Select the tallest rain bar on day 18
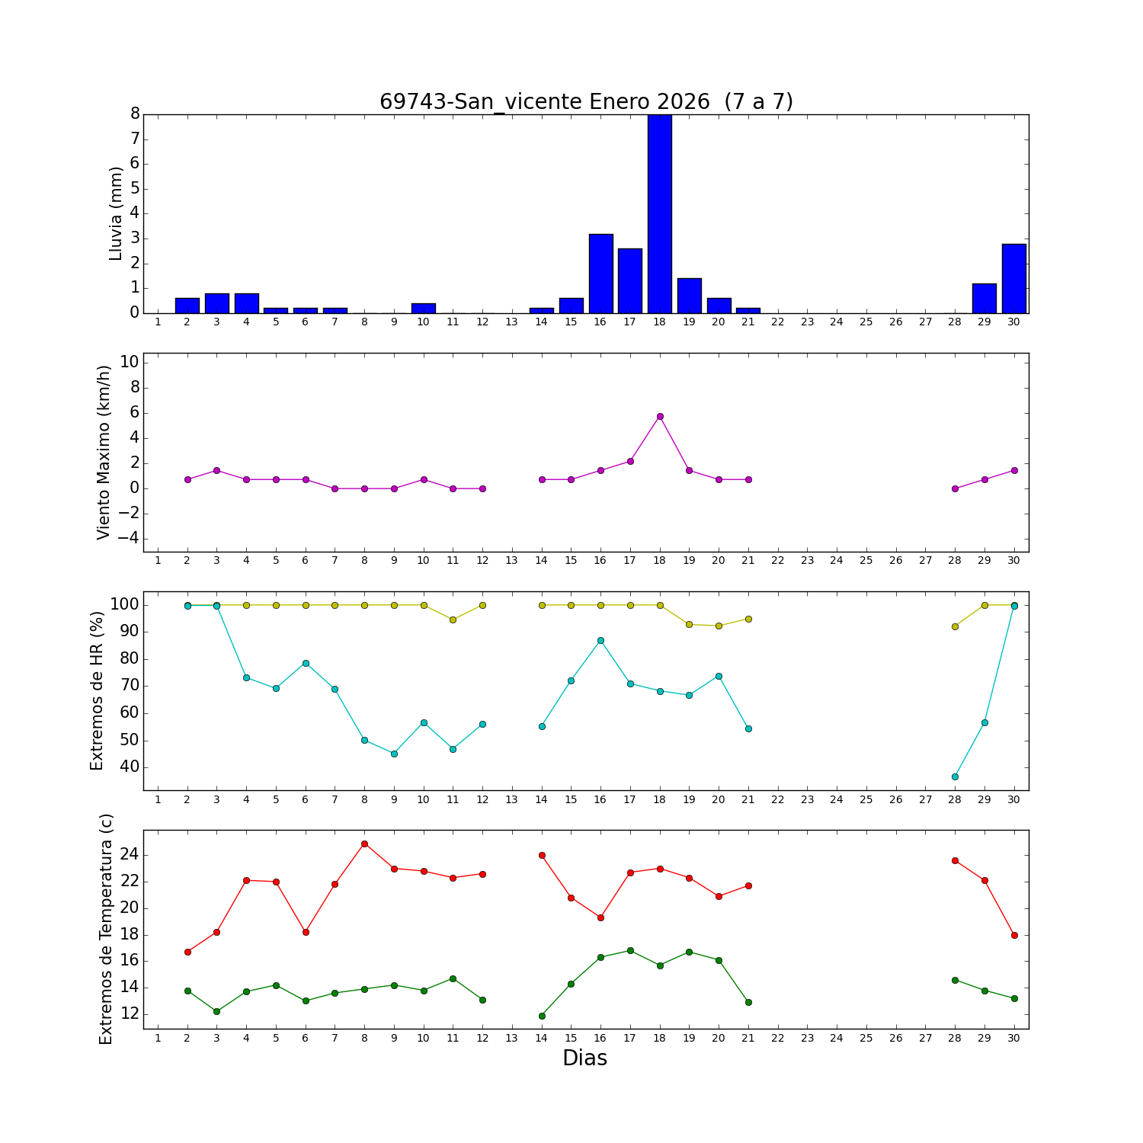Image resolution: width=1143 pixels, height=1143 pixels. (x=660, y=213)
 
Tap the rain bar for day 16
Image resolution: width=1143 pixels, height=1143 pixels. (x=600, y=274)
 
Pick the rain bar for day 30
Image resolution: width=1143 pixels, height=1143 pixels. (x=1014, y=278)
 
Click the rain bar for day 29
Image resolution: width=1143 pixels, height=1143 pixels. (x=985, y=298)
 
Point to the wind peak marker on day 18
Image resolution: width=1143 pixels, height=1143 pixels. (x=660, y=416)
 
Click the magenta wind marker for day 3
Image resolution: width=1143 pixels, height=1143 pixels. (x=216, y=470)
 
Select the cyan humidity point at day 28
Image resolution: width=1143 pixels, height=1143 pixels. (x=955, y=776)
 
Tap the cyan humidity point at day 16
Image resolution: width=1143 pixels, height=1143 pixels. (x=600, y=640)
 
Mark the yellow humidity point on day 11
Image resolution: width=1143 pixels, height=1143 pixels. (x=453, y=620)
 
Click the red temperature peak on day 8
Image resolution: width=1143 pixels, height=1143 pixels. (x=364, y=844)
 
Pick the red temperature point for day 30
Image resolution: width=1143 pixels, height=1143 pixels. (x=1014, y=935)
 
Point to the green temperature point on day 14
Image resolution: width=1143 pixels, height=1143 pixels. (x=542, y=1016)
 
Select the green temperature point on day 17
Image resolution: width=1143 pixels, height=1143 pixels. (x=630, y=950)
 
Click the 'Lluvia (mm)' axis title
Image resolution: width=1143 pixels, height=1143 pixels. (x=116, y=213)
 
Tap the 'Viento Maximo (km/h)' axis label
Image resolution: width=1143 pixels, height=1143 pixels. (x=104, y=453)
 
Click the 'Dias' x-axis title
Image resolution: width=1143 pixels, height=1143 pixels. (x=584, y=1058)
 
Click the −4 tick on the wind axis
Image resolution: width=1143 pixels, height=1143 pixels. (x=129, y=539)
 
